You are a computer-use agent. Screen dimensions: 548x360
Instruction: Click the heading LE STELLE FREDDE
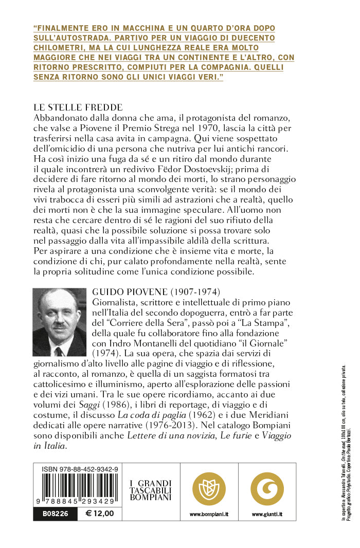78,107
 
